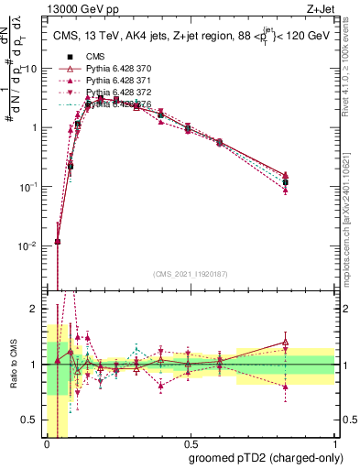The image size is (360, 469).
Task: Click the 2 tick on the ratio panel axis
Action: (x=37, y=309)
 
